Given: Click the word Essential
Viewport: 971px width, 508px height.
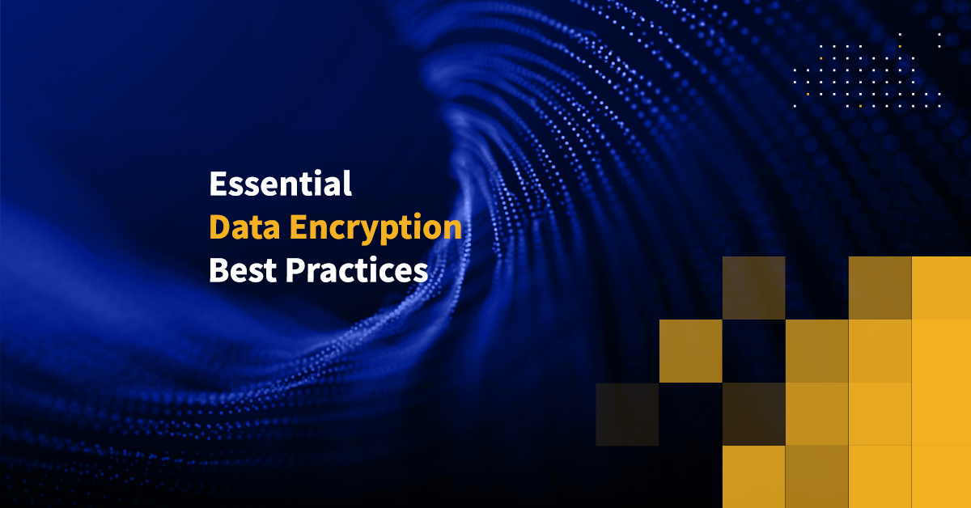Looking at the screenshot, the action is click(x=280, y=184).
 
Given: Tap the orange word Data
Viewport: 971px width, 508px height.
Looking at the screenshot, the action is click(x=244, y=226).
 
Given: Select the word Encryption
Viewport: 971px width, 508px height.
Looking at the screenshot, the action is click(x=375, y=229).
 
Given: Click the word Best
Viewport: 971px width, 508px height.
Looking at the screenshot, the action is click(x=243, y=270).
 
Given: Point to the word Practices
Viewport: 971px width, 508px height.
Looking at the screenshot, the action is click(x=357, y=270).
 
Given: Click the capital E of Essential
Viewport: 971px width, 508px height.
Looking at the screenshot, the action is click(x=218, y=184).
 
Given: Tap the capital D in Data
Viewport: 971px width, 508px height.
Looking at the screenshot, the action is click(x=220, y=226).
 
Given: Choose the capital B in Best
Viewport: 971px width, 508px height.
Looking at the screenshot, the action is click(x=219, y=270).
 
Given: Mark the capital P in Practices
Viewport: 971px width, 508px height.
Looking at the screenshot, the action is click(x=295, y=270).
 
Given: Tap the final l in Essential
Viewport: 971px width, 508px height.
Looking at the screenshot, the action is click(x=347, y=183).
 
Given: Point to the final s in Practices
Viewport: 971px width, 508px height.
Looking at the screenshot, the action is click(x=421, y=274).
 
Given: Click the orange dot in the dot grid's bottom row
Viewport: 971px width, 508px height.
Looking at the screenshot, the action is click(x=860, y=106).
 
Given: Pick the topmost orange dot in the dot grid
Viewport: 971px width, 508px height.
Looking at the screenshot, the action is click(x=900, y=46).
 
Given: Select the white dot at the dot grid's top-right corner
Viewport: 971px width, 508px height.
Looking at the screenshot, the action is click(x=939, y=34).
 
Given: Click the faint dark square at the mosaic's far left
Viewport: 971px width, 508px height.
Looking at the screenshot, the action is click(x=627, y=414).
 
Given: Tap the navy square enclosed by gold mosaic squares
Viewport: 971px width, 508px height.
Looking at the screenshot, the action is click(x=754, y=351).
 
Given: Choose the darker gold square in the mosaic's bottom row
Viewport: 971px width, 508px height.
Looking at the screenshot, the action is click(x=816, y=476).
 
